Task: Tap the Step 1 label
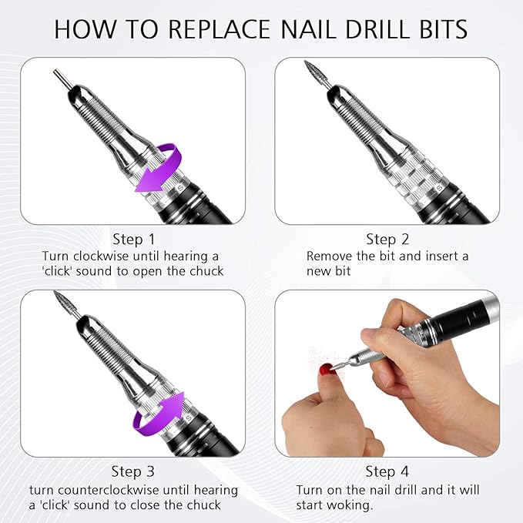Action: pyautogui.click(x=133, y=239)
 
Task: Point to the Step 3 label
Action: pyautogui.click(x=133, y=471)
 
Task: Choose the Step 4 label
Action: pyautogui.click(x=387, y=471)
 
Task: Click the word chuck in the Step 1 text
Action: pyautogui.click(x=206, y=271)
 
